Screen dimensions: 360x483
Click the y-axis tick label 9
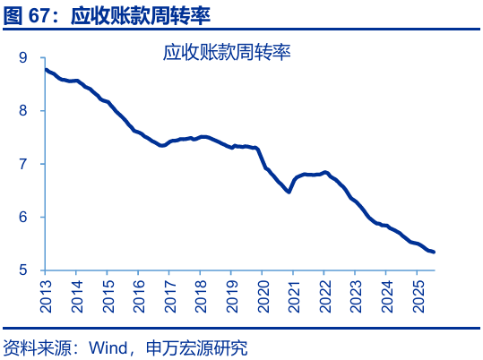coord(23,58)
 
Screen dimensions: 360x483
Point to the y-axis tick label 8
coord(23,111)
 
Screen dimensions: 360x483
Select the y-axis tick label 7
coord(23,164)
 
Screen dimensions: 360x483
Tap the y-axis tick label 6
coord(23,218)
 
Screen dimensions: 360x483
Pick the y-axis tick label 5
coord(23,270)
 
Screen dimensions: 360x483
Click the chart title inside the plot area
coord(228,53)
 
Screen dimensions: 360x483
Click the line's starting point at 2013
coord(46,69)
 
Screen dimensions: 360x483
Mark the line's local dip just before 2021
coord(289,191)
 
